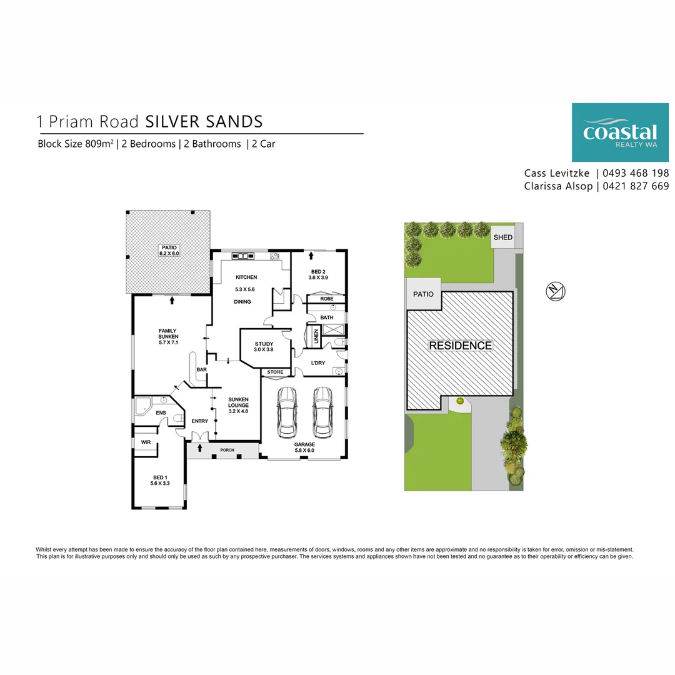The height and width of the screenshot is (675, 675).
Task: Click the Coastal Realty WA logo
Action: pos(619,132)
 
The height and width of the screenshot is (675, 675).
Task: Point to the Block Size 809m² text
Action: pos(76,144)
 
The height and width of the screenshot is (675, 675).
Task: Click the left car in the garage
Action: pos(286,412)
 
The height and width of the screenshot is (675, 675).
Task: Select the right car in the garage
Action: pos(322,412)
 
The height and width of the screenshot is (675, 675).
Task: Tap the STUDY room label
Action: pos(264,344)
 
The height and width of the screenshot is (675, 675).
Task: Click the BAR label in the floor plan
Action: pos(202,370)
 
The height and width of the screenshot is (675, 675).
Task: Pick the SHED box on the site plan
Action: pos(503,237)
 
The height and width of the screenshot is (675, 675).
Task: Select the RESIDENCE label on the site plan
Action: pos(460,346)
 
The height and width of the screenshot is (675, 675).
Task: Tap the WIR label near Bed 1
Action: pos(146,442)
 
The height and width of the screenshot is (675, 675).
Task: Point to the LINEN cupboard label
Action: pos(316,338)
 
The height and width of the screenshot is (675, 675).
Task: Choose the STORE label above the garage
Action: pos(275,372)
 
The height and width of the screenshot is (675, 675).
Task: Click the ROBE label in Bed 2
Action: pos(326,299)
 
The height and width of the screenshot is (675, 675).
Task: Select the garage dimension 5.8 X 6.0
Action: pos(304,450)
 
